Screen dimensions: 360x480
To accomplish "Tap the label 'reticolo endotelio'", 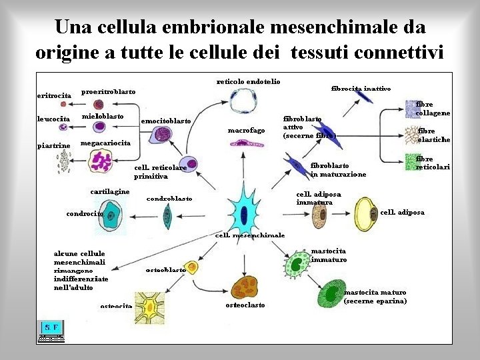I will tap(248, 81).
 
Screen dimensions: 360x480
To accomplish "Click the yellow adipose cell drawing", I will tap(365, 212).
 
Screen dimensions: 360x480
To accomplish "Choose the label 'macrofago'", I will tap(246, 130).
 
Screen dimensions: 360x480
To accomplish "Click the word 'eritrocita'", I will tap(53, 95).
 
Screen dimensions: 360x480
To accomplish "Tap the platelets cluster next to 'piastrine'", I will tap(64, 161).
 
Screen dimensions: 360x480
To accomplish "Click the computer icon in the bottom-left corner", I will tap(51, 331).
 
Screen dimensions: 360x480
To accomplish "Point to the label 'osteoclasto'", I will tap(245, 305).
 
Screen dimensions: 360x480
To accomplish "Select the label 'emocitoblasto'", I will tap(166, 121).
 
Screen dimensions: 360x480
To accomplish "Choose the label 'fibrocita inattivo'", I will tap(361, 88).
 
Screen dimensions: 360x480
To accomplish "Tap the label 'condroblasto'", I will tap(169, 198).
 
